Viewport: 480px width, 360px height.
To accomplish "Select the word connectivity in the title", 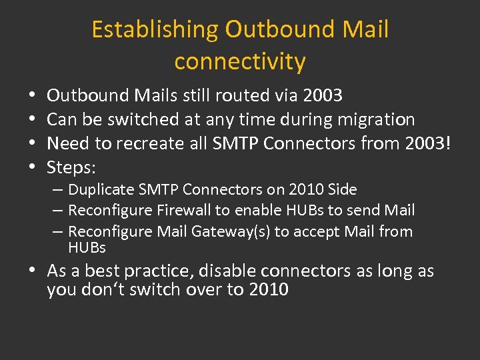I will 240,61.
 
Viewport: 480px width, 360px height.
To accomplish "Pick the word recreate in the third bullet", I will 147,144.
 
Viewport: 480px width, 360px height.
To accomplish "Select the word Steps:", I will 71,168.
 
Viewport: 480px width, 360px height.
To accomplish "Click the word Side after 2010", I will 343,189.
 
